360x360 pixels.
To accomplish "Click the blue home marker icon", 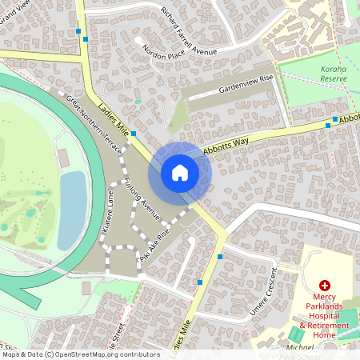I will click(x=179, y=172).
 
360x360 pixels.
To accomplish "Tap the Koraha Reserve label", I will click(x=334, y=74).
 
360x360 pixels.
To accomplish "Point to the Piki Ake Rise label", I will click(x=154, y=249).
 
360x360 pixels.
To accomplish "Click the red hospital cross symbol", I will click(x=325, y=286).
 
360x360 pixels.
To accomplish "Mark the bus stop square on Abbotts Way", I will click(x=327, y=125).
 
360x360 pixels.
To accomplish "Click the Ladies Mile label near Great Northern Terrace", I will click(x=112, y=120).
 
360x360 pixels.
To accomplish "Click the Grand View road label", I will click(x=16, y=12).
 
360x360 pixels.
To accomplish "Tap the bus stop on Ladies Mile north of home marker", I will click(x=134, y=133).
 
